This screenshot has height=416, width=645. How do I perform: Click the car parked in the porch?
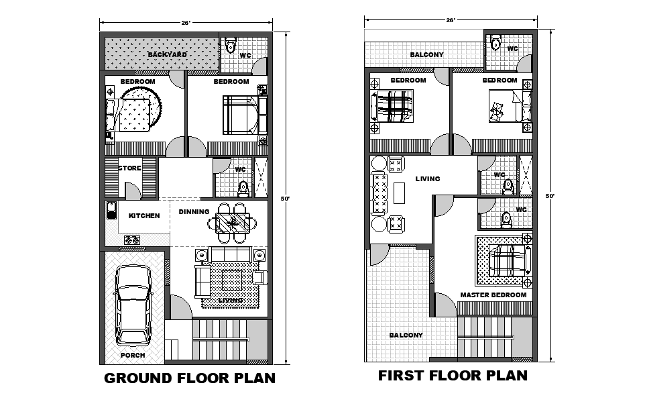[132, 305]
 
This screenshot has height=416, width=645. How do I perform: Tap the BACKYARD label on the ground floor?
[168, 54]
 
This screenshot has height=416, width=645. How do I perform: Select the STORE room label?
[129, 168]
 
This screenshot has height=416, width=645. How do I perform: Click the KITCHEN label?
[144, 215]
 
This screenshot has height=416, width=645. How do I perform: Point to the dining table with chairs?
[233, 223]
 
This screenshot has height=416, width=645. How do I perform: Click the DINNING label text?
[194, 211]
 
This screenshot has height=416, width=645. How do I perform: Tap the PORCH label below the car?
[133, 355]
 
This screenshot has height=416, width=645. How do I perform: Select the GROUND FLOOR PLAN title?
[190, 378]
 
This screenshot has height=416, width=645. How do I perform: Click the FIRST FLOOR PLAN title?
[453, 375]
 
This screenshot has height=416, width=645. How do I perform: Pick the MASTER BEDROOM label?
[493, 295]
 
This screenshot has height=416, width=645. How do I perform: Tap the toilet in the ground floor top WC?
[231, 45]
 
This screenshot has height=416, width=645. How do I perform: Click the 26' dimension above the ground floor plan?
[186, 23]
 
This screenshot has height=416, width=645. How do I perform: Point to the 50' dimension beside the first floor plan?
[550, 196]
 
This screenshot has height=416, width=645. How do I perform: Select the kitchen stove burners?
[132, 240]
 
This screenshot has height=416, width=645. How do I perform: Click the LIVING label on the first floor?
[427, 178]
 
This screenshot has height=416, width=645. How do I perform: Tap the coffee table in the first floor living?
[399, 193]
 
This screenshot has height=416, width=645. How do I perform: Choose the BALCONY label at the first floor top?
[426, 54]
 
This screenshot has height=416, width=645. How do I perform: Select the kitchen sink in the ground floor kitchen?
[111, 210]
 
